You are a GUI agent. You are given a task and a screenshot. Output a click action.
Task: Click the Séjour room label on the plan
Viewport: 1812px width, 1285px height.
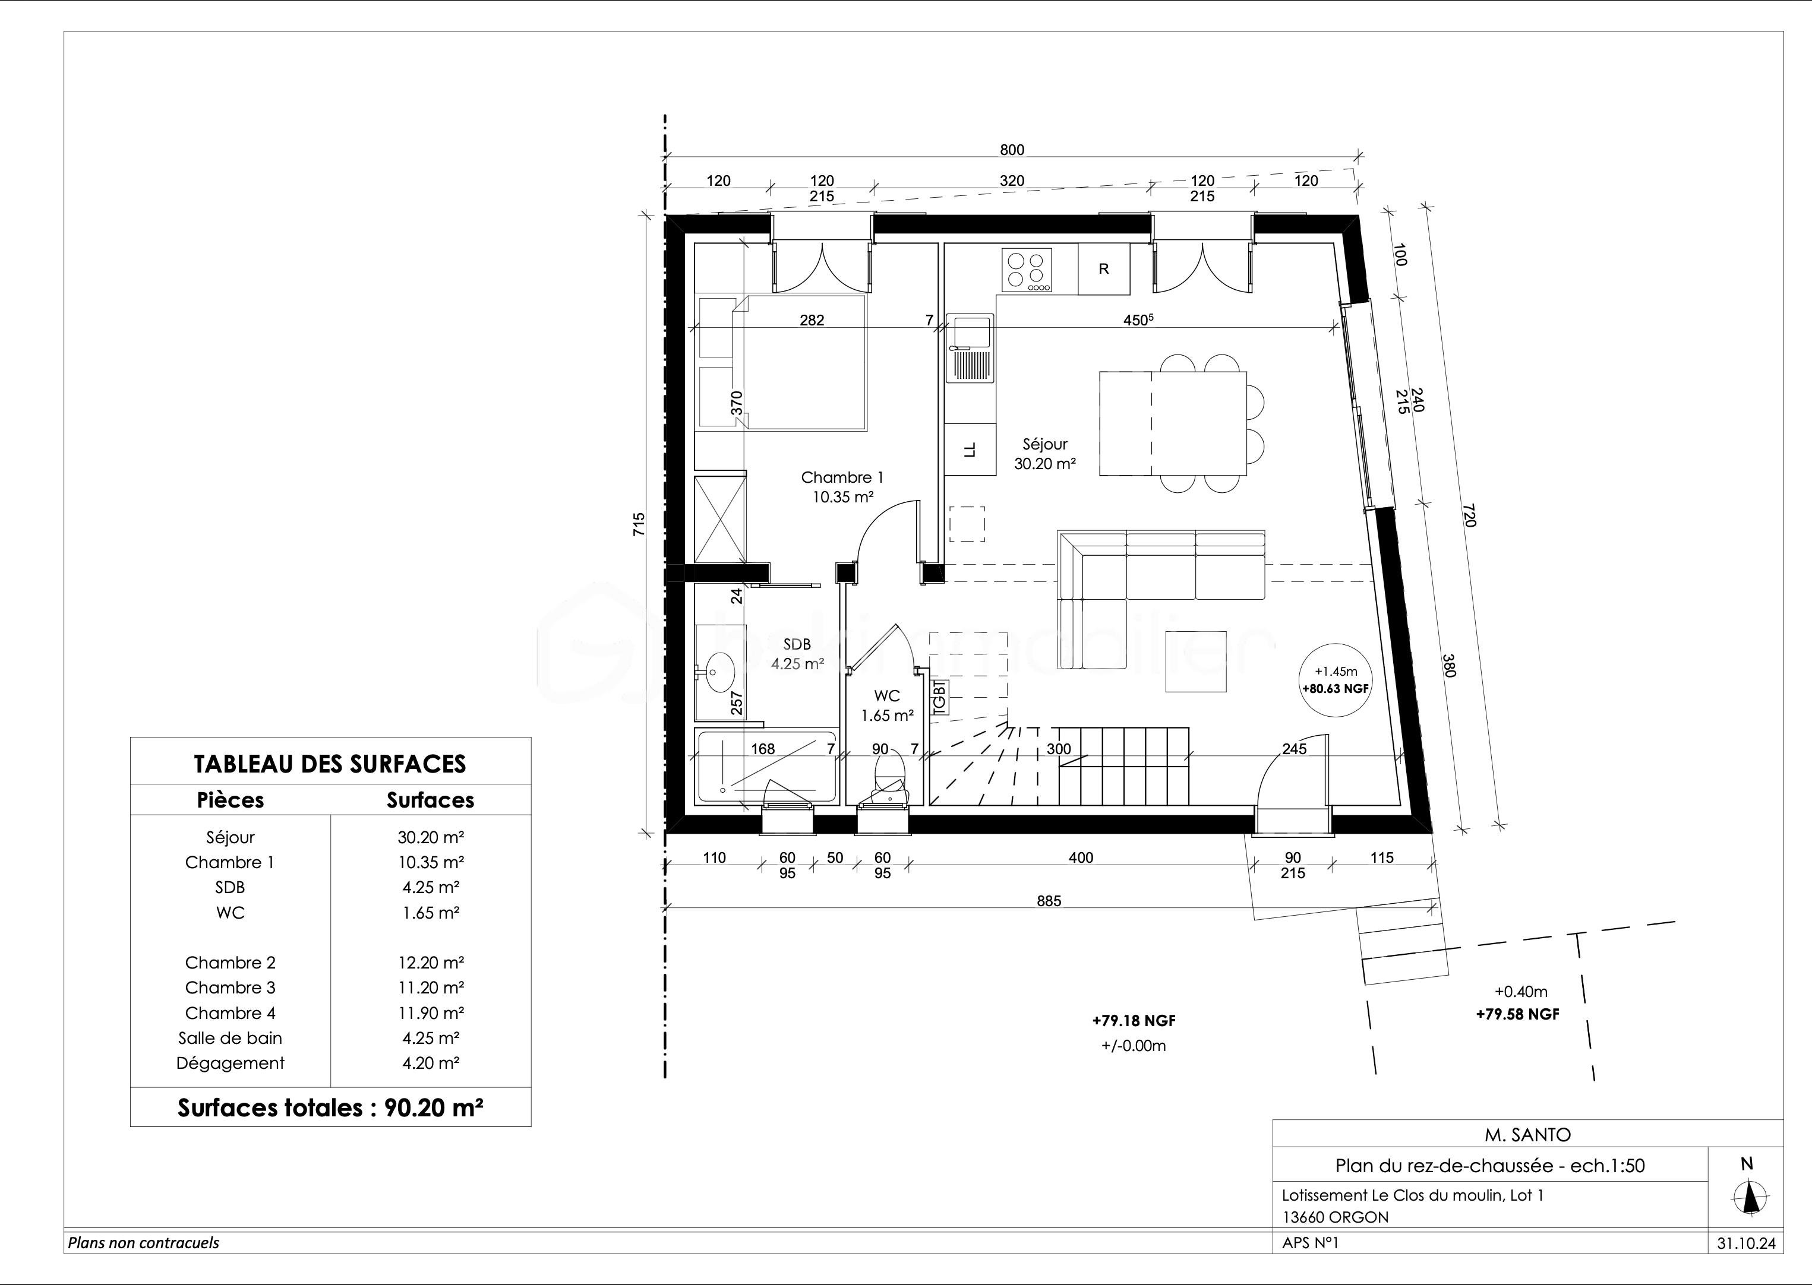(1045, 444)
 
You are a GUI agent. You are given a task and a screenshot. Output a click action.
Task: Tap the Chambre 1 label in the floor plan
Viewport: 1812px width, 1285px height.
(842, 477)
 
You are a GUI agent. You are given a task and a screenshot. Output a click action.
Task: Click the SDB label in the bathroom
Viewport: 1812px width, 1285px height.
(797, 645)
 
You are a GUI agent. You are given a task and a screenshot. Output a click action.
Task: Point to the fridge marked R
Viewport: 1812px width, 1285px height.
(1103, 269)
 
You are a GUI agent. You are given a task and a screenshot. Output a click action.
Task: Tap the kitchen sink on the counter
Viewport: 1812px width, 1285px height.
(971, 348)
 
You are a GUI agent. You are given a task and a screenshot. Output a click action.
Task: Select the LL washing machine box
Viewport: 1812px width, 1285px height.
(970, 450)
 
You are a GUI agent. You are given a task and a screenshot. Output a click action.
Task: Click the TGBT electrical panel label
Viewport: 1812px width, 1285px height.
(940, 698)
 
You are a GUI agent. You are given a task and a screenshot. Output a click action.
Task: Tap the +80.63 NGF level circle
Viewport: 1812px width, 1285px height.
(1336, 680)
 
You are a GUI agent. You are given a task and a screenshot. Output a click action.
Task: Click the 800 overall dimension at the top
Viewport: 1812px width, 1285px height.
(1012, 150)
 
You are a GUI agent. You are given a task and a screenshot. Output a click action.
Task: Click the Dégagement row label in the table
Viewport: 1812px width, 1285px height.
(231, 1063)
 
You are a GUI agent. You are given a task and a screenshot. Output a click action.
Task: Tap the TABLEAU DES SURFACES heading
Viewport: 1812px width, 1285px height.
(330, 764)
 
